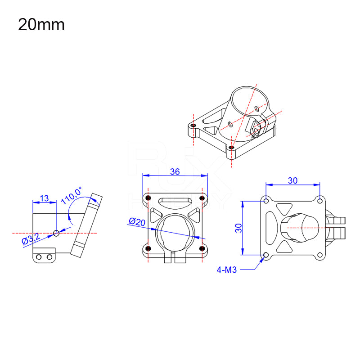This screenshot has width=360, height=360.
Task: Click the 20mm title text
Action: click(x=41, y=24)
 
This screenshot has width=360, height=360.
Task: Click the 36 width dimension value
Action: click(x=175, y=171)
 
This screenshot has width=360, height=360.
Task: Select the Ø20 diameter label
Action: click(x=137, y=221)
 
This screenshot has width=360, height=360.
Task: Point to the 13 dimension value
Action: click(x=45, y=198)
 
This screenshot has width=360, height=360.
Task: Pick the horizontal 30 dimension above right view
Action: click(x=292, y=180)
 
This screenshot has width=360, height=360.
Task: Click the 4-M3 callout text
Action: click(x=226, y=270)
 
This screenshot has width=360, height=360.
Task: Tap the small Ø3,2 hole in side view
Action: click(x=56, y=233)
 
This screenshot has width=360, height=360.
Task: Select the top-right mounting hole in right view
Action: click(x=320, y=200)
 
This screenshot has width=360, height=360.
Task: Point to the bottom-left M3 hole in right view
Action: click(x=266, y=255)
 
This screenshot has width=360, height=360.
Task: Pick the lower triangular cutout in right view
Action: click(x=284, y=247)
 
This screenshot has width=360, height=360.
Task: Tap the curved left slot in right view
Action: click(x=272, y=227)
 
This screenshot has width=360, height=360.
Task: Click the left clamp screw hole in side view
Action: click(x=39, y=257)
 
